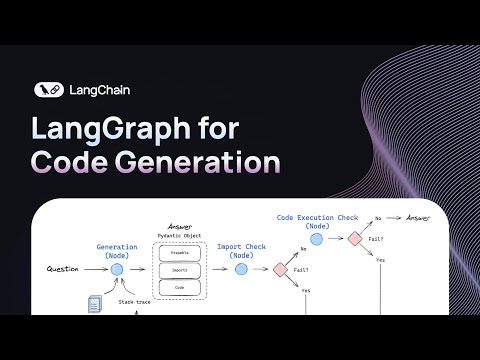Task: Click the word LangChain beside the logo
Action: (99, 89)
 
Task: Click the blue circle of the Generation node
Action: (116, 269)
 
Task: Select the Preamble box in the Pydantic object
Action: (180, 253)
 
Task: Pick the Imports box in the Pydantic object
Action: (180, 270)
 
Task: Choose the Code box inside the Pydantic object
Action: (180, 287)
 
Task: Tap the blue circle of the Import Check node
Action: (241, 269)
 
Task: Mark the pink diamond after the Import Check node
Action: (282, 269)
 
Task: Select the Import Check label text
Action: (241, 245)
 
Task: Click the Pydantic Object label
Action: (180, 235)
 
